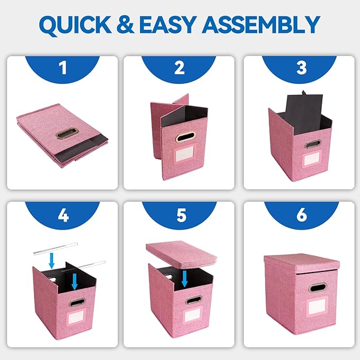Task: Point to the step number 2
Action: click(x=179, y=68)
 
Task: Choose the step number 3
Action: click(x=301, y=68)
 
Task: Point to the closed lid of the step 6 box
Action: click(x=302, y=261)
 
